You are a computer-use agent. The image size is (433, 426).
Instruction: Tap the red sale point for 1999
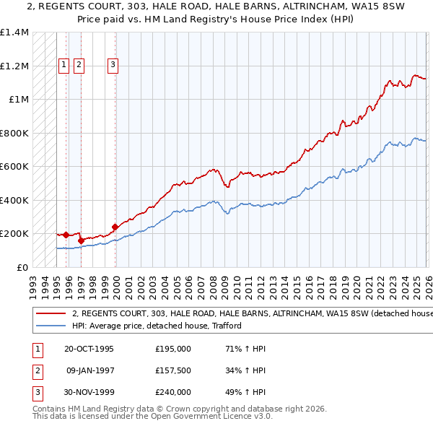click(115, 227)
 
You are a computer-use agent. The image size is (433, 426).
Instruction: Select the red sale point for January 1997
click(81, 240)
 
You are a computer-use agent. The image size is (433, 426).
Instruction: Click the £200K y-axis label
click(14, 234)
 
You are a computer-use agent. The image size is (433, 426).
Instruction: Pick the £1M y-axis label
click(19, 100)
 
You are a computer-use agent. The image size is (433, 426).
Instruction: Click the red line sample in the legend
click(50, 313)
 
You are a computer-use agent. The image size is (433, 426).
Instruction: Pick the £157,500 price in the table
click(172, 370)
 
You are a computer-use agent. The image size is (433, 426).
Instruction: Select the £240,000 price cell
click(172, 392)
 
